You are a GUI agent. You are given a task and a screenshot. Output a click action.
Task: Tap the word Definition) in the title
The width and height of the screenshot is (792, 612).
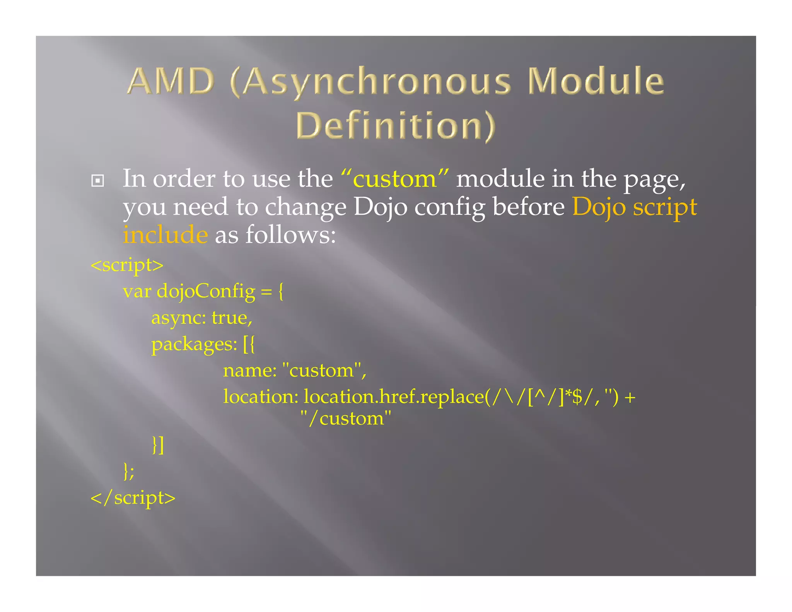[395, 125]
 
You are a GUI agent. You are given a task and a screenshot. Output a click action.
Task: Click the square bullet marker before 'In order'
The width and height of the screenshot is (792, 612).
[97, 181]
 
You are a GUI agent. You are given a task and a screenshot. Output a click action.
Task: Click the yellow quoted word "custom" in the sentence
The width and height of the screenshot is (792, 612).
[394, 179]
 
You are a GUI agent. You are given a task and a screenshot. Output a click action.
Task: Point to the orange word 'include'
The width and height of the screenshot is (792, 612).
[166, 235]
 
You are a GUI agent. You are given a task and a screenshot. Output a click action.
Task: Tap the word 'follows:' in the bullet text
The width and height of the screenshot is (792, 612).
[290, 235]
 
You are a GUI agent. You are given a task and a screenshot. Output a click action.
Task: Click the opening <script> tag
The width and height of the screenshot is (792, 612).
[127, 265]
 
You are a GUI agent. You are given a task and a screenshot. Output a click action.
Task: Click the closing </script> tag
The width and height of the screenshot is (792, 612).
[133, 498]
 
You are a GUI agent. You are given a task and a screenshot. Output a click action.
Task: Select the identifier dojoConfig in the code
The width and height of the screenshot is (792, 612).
[206, 292]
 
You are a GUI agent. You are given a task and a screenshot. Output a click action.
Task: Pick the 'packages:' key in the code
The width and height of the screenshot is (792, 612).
[194, 344]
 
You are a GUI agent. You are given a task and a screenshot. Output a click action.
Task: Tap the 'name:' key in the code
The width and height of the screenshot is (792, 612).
[250, 371]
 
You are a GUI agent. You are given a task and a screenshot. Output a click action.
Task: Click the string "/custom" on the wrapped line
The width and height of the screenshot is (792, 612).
[346, 419]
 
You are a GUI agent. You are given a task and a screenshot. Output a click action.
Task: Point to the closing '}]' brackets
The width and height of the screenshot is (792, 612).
[158, 445]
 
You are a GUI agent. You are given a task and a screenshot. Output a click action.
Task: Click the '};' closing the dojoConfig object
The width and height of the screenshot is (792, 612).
[129, 471]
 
